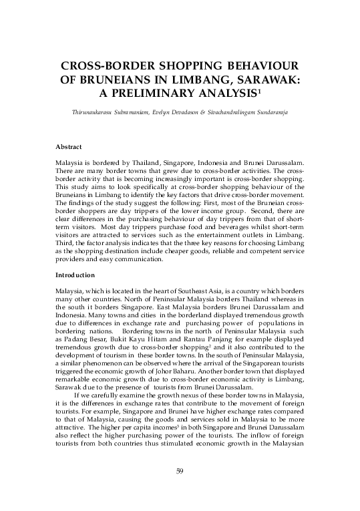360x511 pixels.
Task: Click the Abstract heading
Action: (x=68, y=146)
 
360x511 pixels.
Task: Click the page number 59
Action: (x=180, y=472)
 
